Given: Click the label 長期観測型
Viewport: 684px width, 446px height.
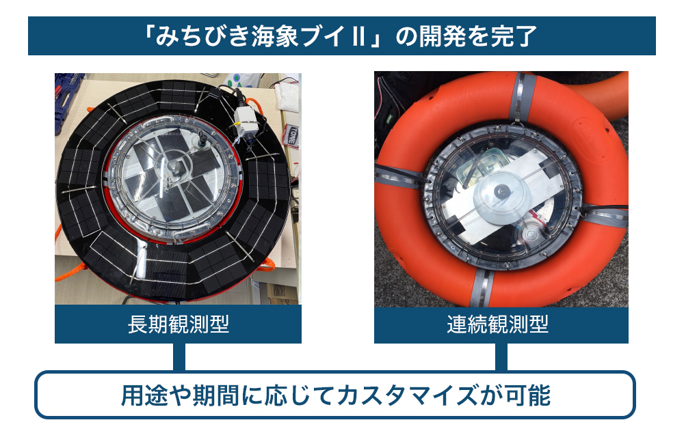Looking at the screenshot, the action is [179, 324].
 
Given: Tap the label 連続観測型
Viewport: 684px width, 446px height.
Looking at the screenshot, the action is [498, 324].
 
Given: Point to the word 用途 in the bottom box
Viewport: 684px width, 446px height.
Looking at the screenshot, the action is [144, 395].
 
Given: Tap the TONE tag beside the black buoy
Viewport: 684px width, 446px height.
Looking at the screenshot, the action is [292, 135].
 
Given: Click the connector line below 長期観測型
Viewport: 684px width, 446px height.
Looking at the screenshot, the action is [179, 357].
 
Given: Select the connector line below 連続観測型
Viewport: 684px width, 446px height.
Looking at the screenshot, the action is [501, 357].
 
